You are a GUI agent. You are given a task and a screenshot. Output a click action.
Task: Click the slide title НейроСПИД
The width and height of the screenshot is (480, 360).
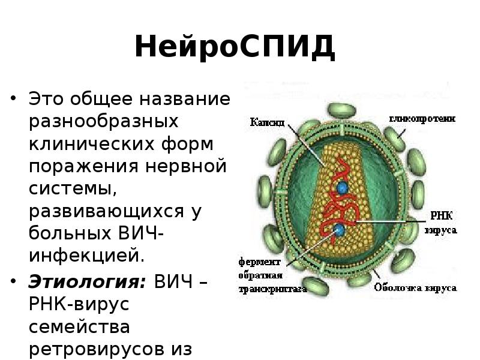pos(235,47)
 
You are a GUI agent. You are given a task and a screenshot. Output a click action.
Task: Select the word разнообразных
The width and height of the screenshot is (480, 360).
pos(104,121)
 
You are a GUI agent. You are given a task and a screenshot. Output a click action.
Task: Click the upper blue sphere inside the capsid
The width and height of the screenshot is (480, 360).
pos(342,188)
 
